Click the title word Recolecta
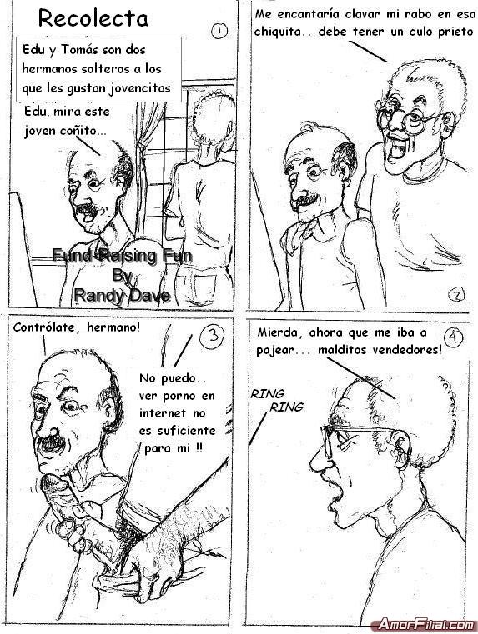(x=93, y=18)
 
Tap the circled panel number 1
(x=219, y=31)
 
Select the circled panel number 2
(x=456, y=296)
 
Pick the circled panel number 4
(x=453, y=337)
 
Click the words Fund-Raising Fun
(x=122, y=256)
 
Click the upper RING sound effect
(x=267, y=393)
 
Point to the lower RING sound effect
(x=286, y=407)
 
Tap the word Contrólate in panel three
(x=48, y=327)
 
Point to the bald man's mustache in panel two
(x=308, y=199)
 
